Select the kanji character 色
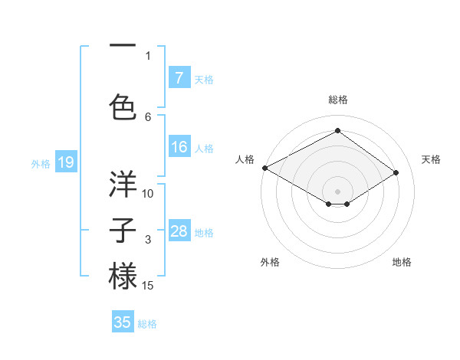tap(123, 105)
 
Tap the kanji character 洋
tap(123, 184)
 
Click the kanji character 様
tap(123, 276)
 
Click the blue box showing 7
tap(179, 77)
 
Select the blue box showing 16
tap(179, 148)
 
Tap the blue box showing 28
tap(179, 231)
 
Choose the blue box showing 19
tap(65, 162)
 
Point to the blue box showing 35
tap(123, 322)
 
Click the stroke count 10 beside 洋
tap(148, 194)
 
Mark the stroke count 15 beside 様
tap(148, 286)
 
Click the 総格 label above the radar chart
tap(337, 100)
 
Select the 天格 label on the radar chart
tap(431, 159)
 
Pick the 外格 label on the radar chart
tap(270, 262)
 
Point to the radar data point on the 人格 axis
tap(264, 168)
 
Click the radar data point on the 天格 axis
tap(396, 172)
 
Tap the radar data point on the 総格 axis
tap(337, 131)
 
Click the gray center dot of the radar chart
tap(337, 190)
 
